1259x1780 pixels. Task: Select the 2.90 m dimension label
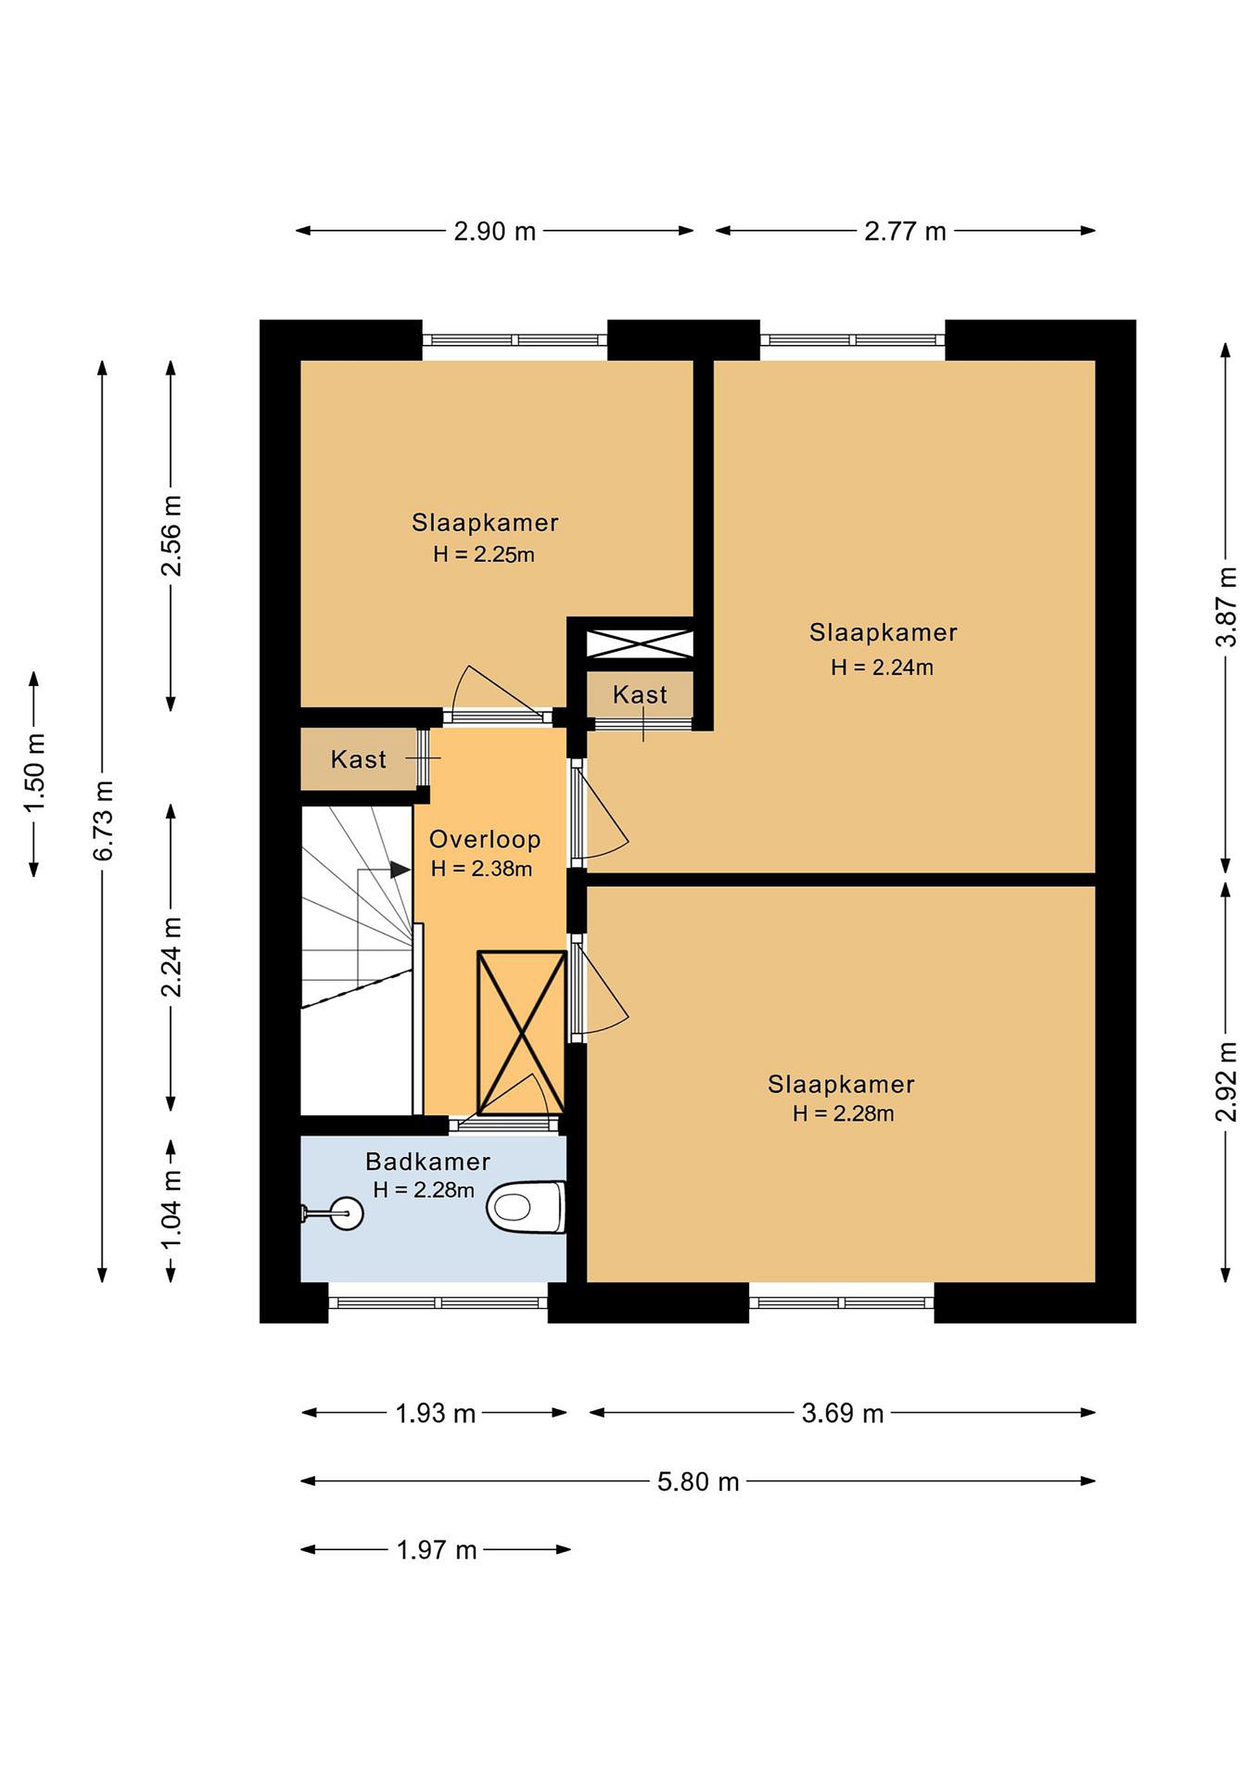[494, 231]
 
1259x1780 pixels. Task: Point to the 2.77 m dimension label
[905, 231]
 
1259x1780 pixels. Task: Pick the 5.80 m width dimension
[698, 1481]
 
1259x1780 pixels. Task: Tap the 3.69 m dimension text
[842, 1413]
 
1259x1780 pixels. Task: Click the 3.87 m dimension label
[1226, 607]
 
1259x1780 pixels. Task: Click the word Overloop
[485, 839]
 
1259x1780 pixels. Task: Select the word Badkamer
[428, 1161]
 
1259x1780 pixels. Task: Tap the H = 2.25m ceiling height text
[484, 555]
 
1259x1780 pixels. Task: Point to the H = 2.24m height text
[882, 667]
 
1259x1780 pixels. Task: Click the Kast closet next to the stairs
[358, 759]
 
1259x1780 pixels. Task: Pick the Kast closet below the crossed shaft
[640, 694]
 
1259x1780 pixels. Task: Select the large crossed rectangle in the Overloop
[522, 1033]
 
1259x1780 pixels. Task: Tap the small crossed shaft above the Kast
[639, 644]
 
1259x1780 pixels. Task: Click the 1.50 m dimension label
[35, 773]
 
